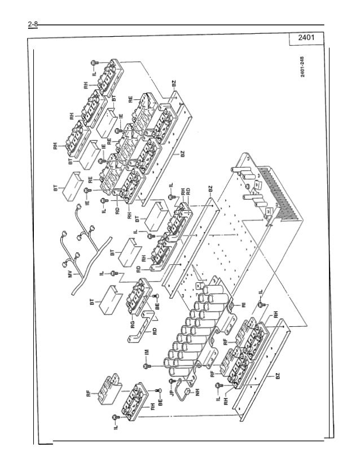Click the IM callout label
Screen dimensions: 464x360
(x=146, y=352)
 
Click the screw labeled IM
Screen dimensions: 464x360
(x=147, y=366)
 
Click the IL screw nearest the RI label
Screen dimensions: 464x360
(x=260, y=304)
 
